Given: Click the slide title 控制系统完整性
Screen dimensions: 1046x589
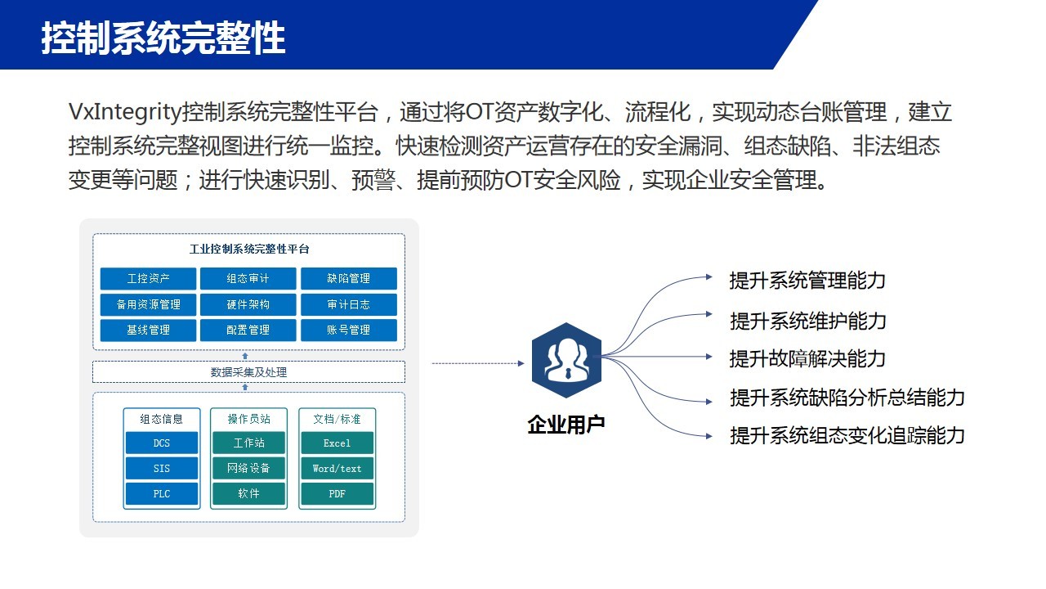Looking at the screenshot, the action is [163, 38].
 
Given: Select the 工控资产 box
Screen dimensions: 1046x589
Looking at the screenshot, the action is [148, 279].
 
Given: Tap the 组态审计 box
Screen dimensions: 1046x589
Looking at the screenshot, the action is [248, 279].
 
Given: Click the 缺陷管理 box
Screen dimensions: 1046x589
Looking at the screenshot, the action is [349, 279].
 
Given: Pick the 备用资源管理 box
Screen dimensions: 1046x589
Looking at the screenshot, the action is [148, 305].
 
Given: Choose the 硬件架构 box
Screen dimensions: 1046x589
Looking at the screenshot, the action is [248, 305].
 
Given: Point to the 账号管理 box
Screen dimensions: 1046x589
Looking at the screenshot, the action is [349, 330].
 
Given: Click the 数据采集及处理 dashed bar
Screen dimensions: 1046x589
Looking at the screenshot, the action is [248, 372].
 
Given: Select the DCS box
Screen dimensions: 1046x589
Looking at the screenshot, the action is [162, 443].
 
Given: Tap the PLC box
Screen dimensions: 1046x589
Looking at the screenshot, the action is [162, 493].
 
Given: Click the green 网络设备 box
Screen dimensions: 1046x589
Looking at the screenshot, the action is [248, 468].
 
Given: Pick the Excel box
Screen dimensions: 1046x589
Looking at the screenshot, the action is [337, 443].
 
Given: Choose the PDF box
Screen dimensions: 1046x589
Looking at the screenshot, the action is [337, 493].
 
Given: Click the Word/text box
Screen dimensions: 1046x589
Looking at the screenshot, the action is [337, 468].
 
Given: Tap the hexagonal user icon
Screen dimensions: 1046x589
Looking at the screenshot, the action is [566, 361].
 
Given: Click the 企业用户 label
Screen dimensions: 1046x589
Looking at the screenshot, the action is [566, 425].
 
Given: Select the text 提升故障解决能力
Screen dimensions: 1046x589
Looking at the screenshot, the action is [807, 359].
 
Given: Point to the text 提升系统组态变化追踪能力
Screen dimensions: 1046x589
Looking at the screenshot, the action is [847, 436].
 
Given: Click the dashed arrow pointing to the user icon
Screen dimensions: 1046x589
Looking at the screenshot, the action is [478, 363].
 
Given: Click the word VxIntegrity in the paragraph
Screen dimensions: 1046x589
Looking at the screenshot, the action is [125, 113].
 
